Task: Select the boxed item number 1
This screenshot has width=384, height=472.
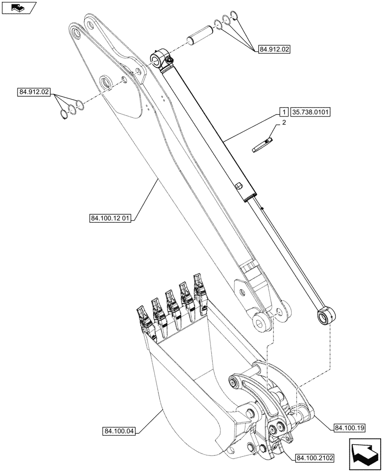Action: coord(283,112)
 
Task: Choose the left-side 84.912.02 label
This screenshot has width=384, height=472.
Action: coord(35,93)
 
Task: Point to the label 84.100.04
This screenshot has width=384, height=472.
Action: coord(118,430)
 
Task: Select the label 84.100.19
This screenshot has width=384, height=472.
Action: coord(349,428)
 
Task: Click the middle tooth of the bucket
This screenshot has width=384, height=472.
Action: coord(171,305)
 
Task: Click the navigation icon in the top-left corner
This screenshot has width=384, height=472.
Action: coord(18,7)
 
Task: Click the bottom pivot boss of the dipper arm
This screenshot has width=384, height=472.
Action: coord(261,322)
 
